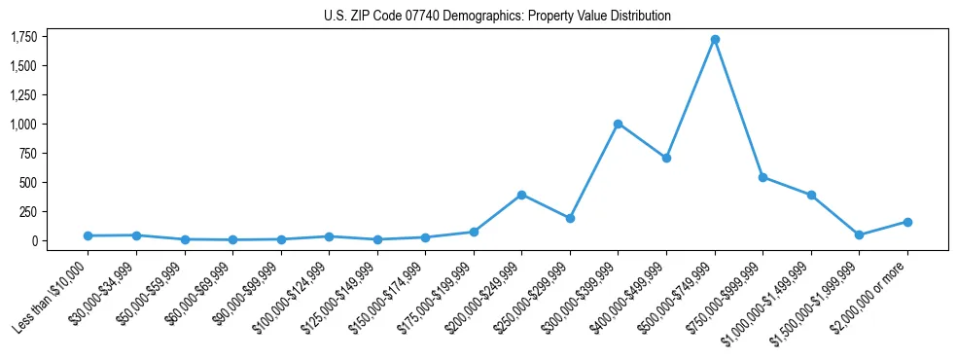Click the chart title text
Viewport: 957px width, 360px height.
497,16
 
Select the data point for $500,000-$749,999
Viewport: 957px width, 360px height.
715,40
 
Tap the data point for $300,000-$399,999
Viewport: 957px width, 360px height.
618,124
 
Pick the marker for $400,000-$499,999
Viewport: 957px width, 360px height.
666,158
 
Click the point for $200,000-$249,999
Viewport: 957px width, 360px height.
521,195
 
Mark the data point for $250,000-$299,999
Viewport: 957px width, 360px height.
570,218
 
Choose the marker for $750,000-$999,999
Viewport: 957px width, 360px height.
762,177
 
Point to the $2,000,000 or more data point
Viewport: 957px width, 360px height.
907,222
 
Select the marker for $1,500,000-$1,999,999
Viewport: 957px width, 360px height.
859,235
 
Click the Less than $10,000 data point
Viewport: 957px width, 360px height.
89,235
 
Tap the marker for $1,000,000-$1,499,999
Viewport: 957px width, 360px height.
811,195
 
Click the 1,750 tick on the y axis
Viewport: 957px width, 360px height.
23,37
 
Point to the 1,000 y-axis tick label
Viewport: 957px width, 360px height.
23,125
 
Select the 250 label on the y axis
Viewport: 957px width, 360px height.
28,211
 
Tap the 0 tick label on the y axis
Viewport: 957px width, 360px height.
34,240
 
